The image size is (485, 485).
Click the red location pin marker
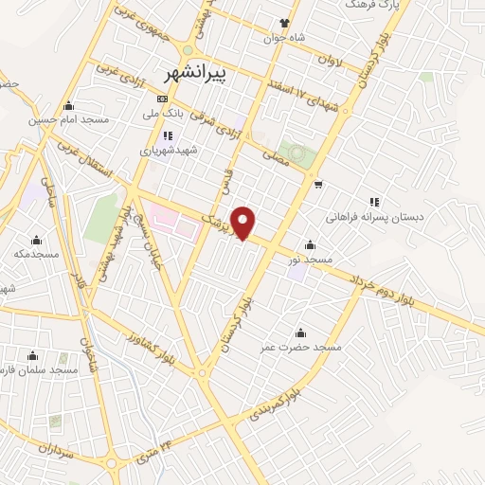coord(244,223)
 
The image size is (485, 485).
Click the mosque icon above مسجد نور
coord(310,242)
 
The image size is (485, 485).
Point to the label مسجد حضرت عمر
coord(301,348)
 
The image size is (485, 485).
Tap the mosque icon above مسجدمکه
coord(36,239)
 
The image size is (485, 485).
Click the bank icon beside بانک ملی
coord(162,99)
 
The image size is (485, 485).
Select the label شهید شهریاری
coord(165,150)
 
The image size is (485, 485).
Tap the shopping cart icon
coord(319,184)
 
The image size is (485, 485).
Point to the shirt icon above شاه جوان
coord(282,23)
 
